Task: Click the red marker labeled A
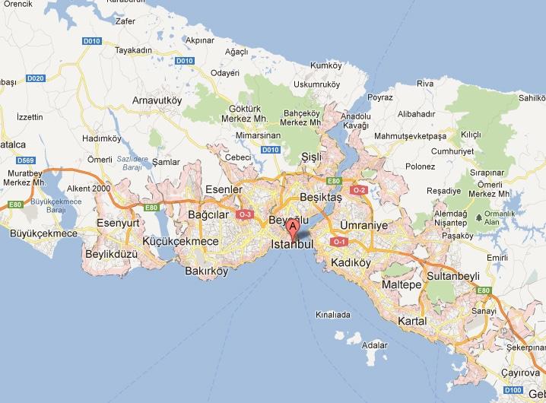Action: pos(291,226)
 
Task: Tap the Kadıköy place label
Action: pos(350,263)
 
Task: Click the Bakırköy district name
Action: pos(206,270)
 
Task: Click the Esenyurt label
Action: pos(119,224)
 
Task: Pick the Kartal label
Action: pos(411,321)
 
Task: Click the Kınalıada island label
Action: pos(334,314)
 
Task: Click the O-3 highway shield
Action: pos(245,214)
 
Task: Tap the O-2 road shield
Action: pos(359,190)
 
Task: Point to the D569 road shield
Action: pos(26,160)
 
